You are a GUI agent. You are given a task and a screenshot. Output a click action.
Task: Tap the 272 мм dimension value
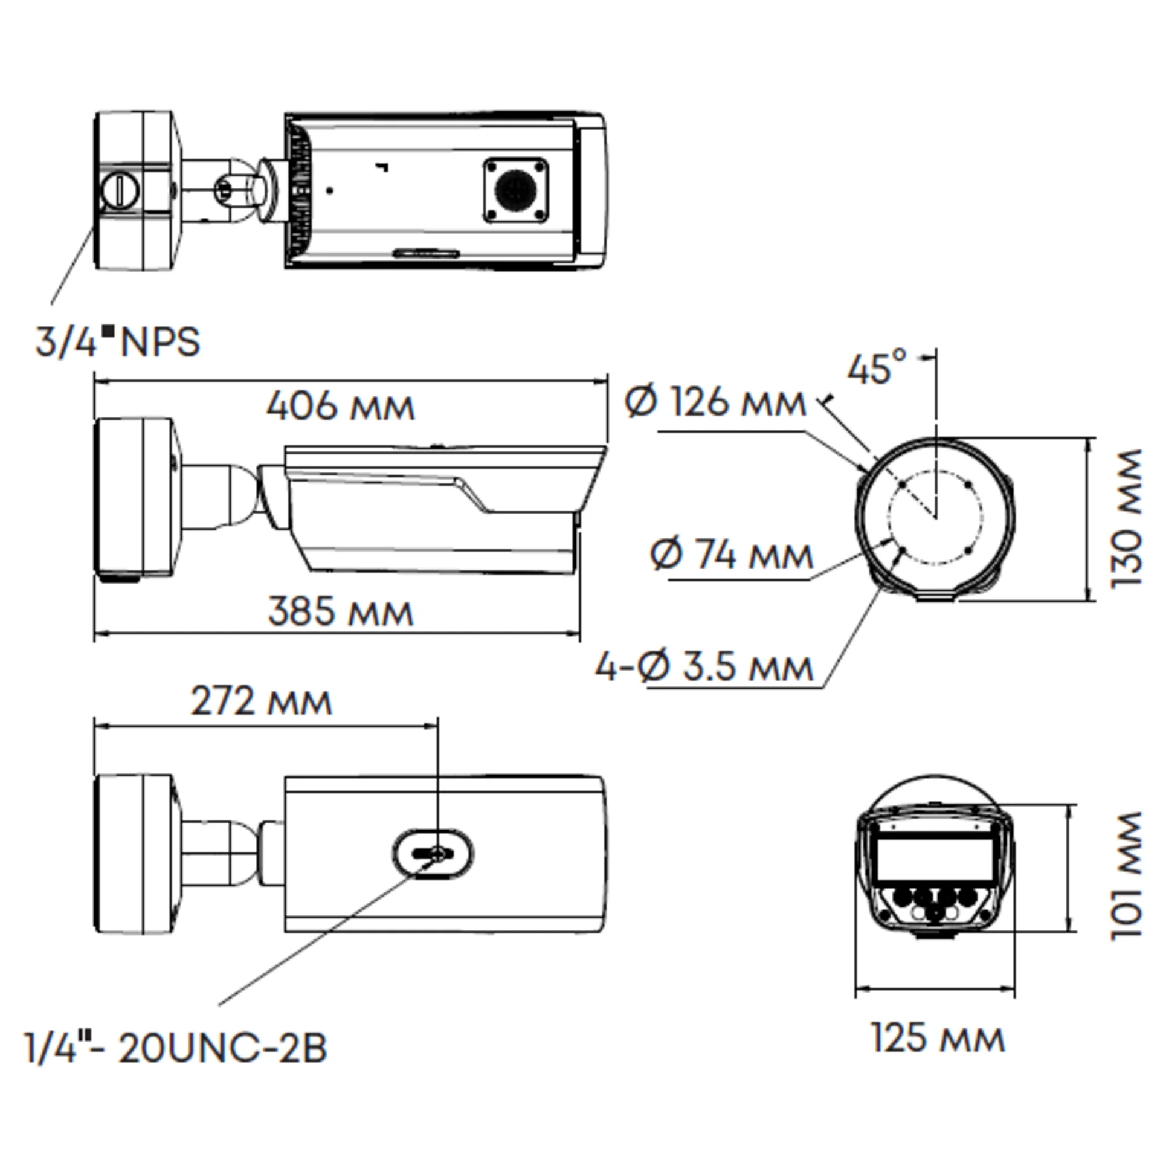tap(261, 702)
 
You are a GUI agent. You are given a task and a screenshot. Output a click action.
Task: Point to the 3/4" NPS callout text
tap(118, 343)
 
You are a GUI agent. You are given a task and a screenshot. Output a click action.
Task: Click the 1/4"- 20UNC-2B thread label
tap(176, 1048)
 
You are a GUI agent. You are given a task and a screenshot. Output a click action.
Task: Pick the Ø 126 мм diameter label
tap(715, 402)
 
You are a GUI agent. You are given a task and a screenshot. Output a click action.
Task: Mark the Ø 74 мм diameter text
tap(731, 555)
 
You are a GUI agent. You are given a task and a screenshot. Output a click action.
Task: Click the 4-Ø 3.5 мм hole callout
tap(704, 668)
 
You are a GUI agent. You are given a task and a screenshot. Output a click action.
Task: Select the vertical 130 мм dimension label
tap(1126, 518)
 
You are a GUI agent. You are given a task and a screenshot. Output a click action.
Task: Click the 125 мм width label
tap(938, 1038)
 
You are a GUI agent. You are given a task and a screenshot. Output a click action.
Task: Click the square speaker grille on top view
tap(516, 190)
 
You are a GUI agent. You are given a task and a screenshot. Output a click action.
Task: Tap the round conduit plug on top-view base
tap(120, 190)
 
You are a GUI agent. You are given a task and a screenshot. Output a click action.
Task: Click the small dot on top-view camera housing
tap(329, 190)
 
